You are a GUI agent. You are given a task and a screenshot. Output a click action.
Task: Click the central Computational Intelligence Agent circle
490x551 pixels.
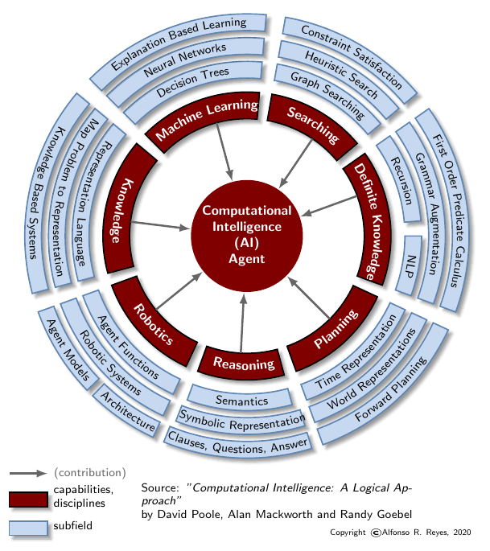click(247, 234)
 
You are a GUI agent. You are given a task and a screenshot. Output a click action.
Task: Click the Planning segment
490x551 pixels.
click(336, 331)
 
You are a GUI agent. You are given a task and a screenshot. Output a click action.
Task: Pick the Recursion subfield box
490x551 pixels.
click(398, 178)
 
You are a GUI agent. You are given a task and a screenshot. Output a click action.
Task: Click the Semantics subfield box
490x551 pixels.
click(240, 397)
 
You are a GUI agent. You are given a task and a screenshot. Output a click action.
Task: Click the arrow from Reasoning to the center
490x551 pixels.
click(241, 322)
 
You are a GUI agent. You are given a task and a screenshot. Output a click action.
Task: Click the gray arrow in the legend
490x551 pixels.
click(29, 473)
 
